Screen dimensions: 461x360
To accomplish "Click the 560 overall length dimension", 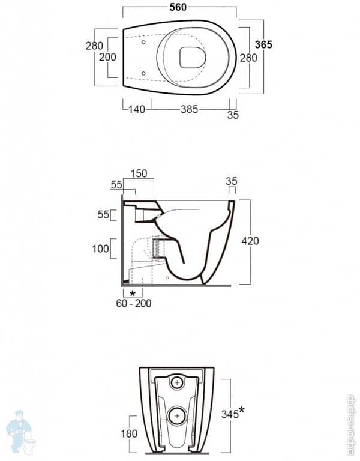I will pyautogui.click(x=178, y=7).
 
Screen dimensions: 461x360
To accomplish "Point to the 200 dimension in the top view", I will pyautogui.click(x=107, y=57).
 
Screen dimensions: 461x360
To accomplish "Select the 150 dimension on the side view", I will pyautogui.click(x=139, y=173).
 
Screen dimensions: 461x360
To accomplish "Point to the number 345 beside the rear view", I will pyautogui.click(x=228, y=414).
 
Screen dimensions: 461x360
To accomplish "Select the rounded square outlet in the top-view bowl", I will pyautogui.click(x=193, y=56).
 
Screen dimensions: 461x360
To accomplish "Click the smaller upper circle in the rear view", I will pyautogui.click(x=176, y=382).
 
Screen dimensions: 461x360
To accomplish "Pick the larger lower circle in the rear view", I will pyautogui.click(x=176, y=415).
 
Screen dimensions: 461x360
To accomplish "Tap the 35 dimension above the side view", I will pyautogui.click(x=231, y=181).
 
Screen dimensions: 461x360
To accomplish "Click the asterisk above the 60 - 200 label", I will pyautogui.click(x=132, y=293).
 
